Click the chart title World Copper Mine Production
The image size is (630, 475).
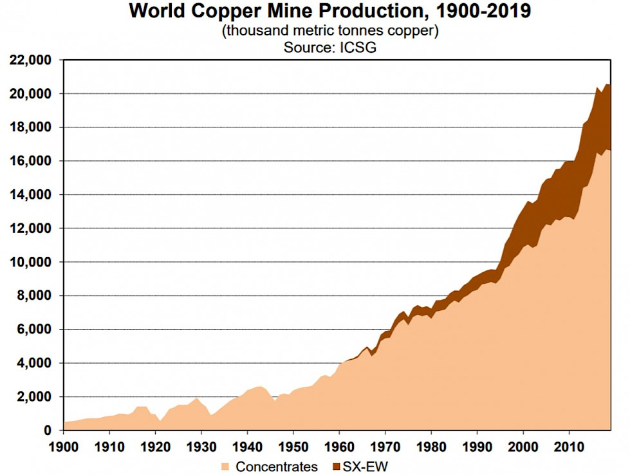(x=329, y=12)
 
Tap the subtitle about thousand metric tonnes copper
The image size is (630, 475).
(x=329, y=32)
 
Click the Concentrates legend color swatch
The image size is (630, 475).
(x=225, y=466)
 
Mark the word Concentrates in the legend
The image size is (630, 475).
(x=277, y=466)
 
